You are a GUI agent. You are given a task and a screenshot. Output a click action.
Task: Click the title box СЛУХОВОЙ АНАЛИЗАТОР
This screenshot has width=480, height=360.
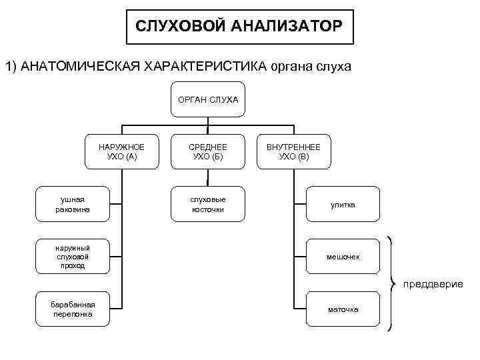(x=240, y=27)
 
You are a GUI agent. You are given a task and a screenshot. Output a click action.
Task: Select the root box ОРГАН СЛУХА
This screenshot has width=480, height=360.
(x=208, y=100)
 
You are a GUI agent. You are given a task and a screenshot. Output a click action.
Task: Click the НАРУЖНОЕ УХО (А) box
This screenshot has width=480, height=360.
(x=121, y=151)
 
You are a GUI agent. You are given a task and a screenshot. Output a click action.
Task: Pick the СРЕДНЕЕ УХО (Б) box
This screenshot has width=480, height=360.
(x=208, y=151)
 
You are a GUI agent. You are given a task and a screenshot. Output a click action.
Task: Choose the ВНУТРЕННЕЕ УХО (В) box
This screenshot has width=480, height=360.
(x=293, y=151)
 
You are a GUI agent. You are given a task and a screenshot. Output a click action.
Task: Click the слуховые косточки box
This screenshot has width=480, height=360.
(x=208, y=204)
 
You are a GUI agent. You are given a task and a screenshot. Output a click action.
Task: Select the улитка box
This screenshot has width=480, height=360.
(x=343, y=205)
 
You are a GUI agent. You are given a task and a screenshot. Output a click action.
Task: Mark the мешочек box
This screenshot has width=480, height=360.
(x=343, y=257)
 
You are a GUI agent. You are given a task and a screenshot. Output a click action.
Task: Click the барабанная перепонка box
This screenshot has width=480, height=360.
(x=73, y=309)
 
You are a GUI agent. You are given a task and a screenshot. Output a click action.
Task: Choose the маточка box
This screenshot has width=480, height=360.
(x=343, y=309)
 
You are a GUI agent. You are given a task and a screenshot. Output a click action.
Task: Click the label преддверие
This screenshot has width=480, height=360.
(x=432, y=284)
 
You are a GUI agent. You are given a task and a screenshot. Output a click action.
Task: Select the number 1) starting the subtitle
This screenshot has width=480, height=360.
(x=11, y=67)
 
